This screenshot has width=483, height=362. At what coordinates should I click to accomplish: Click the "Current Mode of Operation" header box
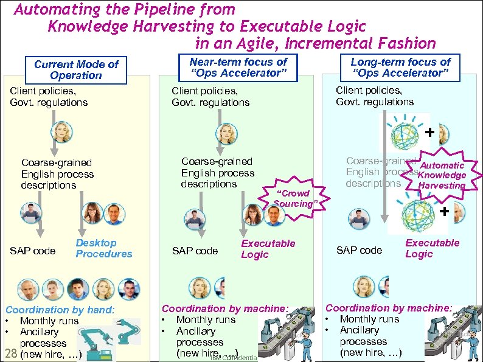[x=76, y=70]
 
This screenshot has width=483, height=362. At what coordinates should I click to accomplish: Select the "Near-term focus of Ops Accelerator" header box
[x=238, y=68]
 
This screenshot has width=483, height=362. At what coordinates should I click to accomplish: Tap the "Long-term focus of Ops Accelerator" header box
[x=400, y=68]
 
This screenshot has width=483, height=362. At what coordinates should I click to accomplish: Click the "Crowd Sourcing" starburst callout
[x=295, y=198]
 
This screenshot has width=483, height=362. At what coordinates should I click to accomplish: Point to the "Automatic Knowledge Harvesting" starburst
[x=442, y=175]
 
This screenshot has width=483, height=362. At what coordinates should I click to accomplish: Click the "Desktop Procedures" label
[x=103, y=248]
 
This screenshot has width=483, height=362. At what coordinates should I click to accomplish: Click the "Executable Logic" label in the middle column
[x=268, y=249]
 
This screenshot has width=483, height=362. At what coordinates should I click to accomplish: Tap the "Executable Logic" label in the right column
[x=432, y=248]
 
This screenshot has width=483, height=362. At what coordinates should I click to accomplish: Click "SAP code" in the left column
[x=33, y=251]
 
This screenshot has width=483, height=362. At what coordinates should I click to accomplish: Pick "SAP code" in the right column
[x=359, y=250]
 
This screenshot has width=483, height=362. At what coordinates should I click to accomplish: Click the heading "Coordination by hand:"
[x=60, y=310]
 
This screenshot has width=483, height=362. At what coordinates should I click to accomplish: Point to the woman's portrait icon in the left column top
[x=62, y=132]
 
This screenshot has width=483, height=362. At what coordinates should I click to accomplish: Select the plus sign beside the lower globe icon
[x=444, y=211]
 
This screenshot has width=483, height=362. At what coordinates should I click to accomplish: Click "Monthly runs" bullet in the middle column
[x=205, y=320]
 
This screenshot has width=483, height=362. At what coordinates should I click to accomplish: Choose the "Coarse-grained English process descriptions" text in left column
[x=57, y=174]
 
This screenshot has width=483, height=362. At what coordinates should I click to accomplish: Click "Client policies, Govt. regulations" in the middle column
[x=210, y=97]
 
